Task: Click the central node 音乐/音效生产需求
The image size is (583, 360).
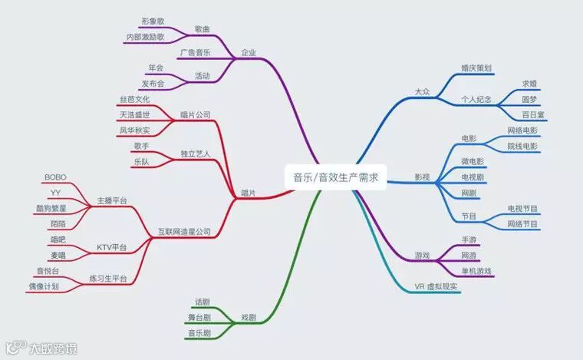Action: click(336, 177)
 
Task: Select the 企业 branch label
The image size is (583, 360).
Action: click(248, 53)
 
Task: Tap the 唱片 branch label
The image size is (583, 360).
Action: click(248, 192)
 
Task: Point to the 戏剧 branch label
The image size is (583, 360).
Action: click(248, 317)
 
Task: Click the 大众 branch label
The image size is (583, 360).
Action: click(422, 91)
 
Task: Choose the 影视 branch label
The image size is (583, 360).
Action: click(422, 178)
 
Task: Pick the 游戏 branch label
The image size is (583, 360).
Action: click(422, 255)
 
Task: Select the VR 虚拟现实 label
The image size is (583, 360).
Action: click(436, 286)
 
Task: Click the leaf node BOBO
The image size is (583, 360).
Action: click(55, 177)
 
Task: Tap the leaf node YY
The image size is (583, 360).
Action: click(55, 192)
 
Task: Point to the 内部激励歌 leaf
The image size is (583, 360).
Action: click(144, 37)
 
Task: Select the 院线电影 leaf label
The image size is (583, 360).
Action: click(522, 146)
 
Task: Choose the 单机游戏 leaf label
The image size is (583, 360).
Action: click(476, 271)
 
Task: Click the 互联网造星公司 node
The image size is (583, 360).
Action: click(184, 231)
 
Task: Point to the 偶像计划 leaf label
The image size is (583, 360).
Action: click(42, 286)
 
